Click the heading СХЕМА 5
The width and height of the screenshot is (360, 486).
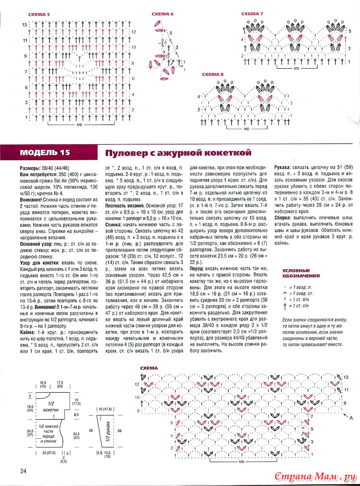coord(39,15)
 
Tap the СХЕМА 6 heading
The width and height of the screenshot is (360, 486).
coord(163,14)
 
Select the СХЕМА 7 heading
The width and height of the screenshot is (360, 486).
coord(252,14)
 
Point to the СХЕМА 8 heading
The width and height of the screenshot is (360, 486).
coord(212,74)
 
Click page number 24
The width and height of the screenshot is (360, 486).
coord(23,471)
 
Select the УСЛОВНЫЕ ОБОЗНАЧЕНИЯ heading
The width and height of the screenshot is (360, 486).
coord(301,273)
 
